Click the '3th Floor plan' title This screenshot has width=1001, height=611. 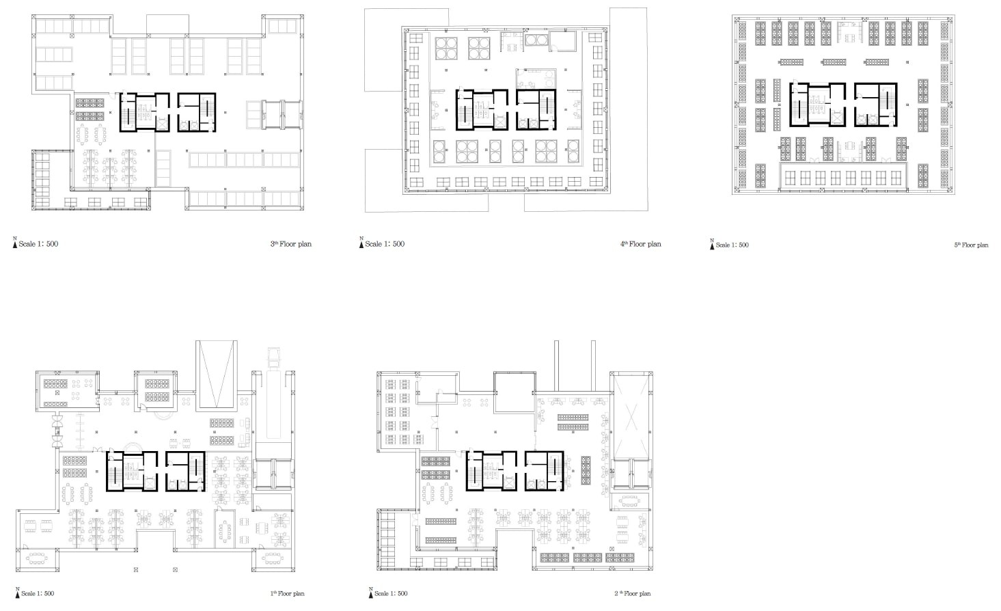[291, 244]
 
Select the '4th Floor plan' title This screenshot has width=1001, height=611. [640, 244]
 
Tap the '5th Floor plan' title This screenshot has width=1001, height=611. [971, 245]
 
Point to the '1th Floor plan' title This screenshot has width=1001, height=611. [288, 593]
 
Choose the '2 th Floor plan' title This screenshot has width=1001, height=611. [632, 593]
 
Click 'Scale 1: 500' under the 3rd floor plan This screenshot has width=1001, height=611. [38, 244]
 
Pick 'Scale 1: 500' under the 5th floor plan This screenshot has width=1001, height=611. [732, 245]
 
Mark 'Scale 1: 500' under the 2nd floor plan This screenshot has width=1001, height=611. [391, 593]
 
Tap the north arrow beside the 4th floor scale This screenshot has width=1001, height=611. [361, 243]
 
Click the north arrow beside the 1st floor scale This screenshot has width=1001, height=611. [18, 593]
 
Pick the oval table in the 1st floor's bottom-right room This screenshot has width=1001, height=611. [272, 558]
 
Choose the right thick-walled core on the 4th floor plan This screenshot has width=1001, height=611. [536, 110]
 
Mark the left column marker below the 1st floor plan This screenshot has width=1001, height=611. [136, 570]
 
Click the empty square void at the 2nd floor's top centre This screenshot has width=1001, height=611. [515, 392]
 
